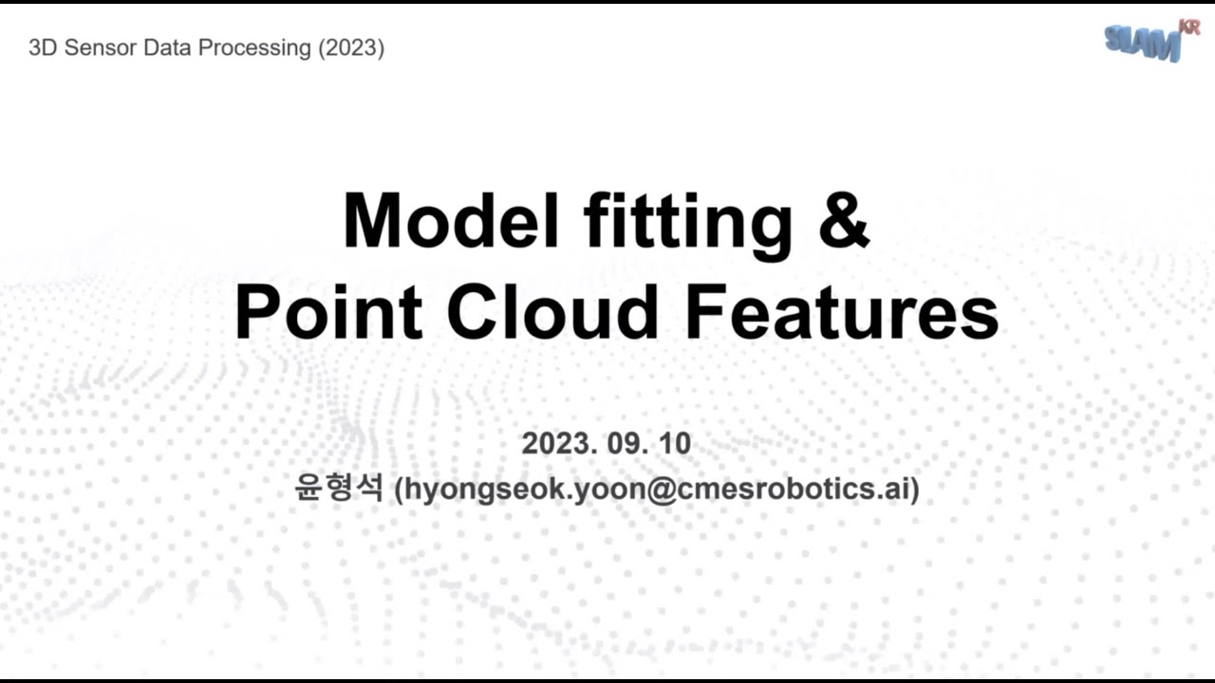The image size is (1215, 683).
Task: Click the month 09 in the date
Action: pos(629,444)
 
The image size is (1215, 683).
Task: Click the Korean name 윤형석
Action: pos(339,489)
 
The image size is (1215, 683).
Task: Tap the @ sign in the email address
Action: pos(661,490)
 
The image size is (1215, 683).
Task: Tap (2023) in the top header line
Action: pos(350,48)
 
